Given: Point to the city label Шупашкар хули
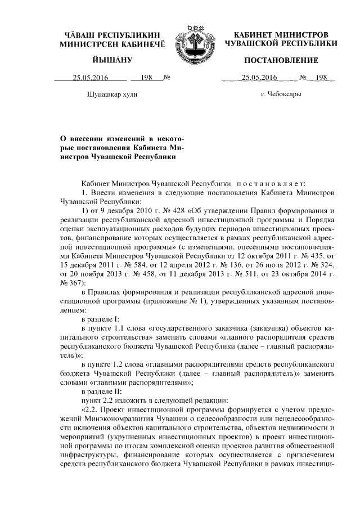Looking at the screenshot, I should (110, 94).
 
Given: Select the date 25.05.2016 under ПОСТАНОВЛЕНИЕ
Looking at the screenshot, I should (256, 78).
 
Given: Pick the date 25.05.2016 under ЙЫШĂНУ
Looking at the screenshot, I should (89, 78).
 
